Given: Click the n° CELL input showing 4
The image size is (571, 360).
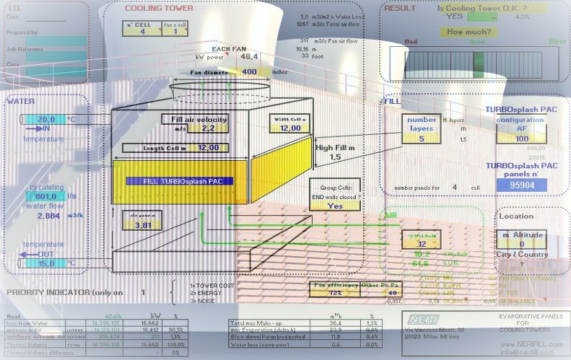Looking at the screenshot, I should (x=142, y=32).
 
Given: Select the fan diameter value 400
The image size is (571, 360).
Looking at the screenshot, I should (x=250, y=72).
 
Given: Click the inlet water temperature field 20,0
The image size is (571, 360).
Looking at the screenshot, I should (x=46, y=119).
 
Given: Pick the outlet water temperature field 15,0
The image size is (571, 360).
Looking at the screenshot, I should (x=46, y=263).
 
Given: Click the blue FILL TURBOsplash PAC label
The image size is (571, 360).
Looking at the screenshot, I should (x=179, y=181).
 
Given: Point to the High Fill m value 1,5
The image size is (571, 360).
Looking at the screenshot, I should (x=335, y=157).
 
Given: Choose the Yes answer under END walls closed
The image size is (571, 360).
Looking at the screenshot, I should (x=334, y=205).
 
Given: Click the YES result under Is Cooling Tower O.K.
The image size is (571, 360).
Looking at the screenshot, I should (x=455, y=16).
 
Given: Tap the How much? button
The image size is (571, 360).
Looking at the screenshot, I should (x=466, y=32).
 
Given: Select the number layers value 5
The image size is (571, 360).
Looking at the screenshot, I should (x=421, y=129).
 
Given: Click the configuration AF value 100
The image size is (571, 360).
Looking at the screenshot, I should (x=521, y=139).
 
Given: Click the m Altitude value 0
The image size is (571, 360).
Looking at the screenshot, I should (x=521, y=244).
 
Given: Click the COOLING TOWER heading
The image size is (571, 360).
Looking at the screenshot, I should (x=159, y=9).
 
